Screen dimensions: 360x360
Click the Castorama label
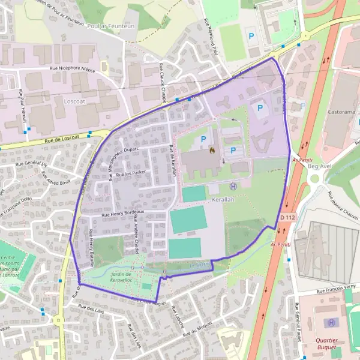341,112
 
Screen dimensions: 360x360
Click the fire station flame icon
211,150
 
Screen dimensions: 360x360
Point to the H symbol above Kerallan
233,186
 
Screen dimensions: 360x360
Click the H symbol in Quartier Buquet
331,323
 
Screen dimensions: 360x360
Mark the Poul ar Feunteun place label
109,26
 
